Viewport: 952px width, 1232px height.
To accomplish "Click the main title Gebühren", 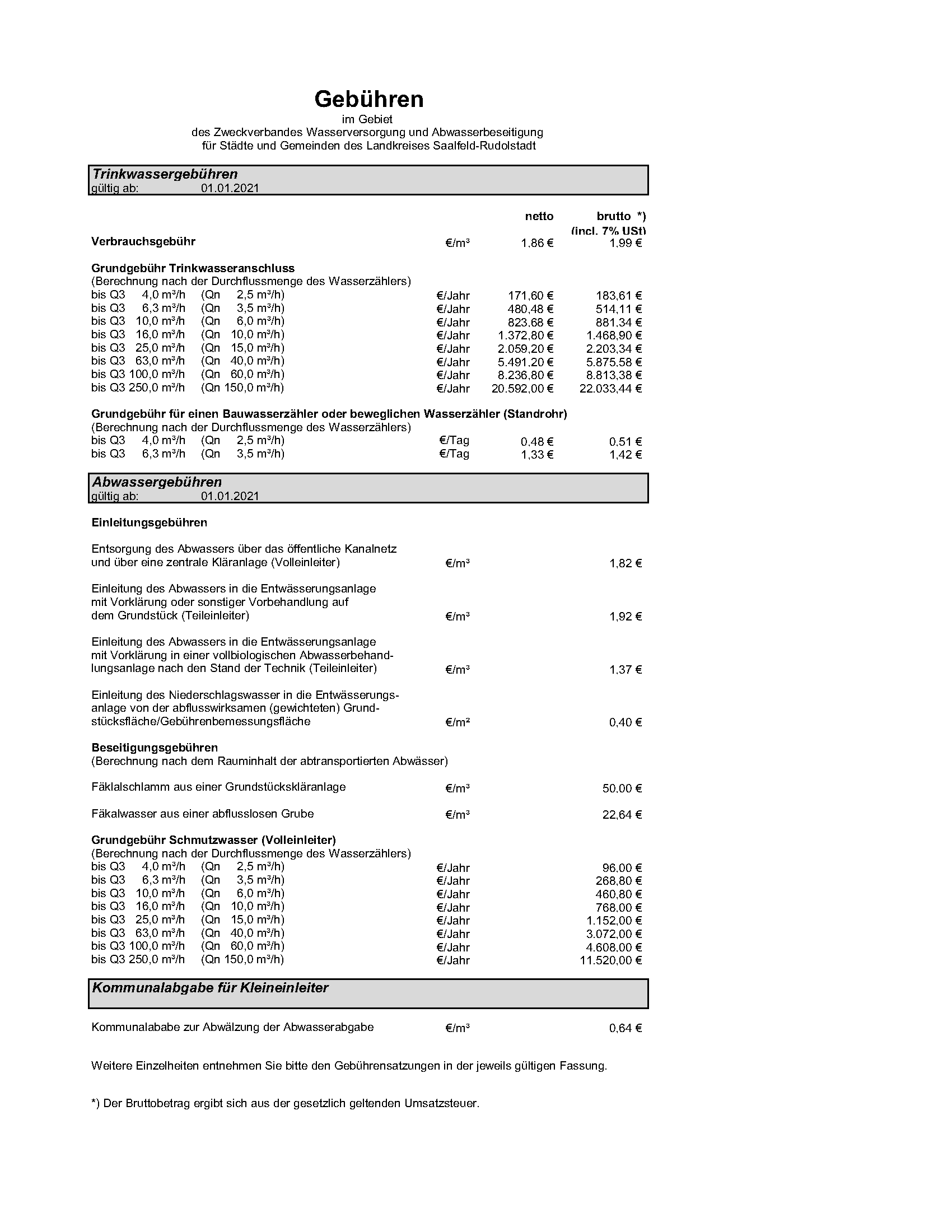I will (369, 99).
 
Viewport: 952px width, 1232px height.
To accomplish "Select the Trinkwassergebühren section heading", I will (165, 174).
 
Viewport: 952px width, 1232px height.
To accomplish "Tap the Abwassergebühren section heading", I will (157, 482).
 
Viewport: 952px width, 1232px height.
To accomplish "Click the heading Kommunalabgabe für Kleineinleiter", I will (211, 987).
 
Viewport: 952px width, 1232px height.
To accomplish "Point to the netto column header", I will (539, 216).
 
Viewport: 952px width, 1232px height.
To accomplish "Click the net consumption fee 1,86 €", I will (536, 243).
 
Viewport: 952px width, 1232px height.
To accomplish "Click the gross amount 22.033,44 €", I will (610, 389).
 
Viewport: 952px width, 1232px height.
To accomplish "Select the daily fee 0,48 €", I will (536, 442).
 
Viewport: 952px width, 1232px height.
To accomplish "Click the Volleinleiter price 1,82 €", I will (625, 563).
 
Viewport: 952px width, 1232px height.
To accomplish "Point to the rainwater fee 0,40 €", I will (625, 722).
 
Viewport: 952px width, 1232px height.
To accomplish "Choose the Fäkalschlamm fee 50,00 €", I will (622, 788).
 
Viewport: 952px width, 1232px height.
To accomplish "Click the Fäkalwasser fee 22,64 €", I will (622, 815).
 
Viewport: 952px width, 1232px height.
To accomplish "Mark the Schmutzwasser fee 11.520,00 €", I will (610, 960).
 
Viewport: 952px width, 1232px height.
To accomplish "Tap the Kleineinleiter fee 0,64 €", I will (625, 1028).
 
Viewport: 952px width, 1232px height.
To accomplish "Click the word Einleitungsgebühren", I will (149, 522).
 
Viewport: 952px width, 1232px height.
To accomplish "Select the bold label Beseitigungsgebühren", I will (155, 748).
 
